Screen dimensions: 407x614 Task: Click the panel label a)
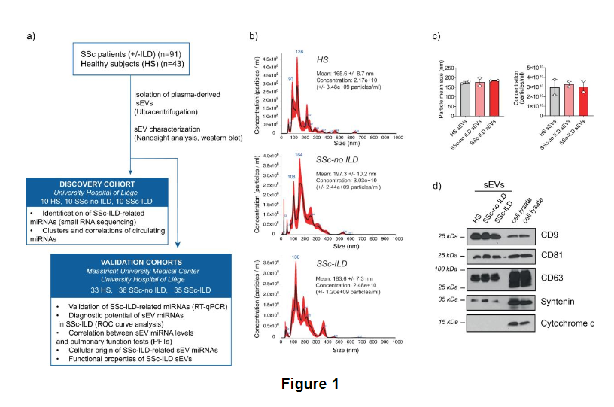(x=32, y=35)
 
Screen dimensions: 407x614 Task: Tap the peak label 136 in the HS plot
(x=299, y=51)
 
